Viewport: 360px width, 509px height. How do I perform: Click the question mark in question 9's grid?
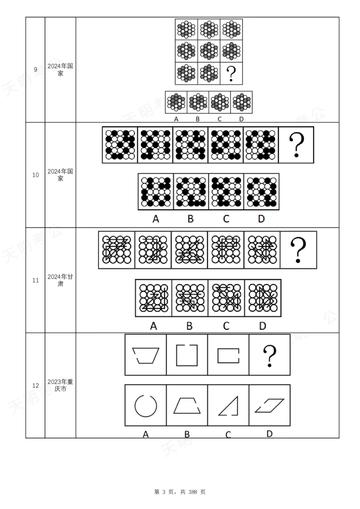tap(231, 74)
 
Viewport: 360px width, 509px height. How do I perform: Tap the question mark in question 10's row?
tap(296, 145)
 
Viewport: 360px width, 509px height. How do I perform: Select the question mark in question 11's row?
tap(298, 250)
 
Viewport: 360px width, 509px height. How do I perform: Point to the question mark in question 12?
tap(270, 356)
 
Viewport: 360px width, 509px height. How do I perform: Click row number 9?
tap(36, 69)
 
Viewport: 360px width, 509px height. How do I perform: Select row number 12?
tap(36, 385)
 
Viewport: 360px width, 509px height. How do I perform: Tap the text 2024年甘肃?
tap(60, 280)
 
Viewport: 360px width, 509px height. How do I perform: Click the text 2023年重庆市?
tap(60, 385)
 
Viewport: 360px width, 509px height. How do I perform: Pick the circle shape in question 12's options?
tap(135, 406)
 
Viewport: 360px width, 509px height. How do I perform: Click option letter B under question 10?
tap(190, 219)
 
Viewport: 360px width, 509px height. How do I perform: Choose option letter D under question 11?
tap(262, 326)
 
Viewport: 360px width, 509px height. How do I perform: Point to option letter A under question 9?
tap(176, 119)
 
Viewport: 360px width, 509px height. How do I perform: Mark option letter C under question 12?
tap(228, 434)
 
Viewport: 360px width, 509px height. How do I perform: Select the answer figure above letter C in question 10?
tap(226, 192)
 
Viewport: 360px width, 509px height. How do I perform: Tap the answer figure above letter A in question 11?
tap(154, 298)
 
